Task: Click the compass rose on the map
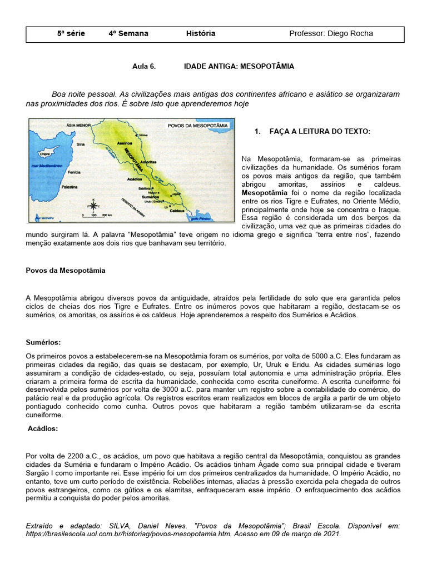92,203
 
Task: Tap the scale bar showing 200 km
92,214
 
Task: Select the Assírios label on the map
124,143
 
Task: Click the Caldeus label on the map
177,211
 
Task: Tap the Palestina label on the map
70,188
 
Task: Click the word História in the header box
201,33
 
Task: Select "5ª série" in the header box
71,33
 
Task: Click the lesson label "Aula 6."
144,66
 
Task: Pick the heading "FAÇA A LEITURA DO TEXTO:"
319,131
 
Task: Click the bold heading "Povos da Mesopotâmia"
66,270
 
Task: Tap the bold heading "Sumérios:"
43,342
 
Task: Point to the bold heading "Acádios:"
43,428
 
